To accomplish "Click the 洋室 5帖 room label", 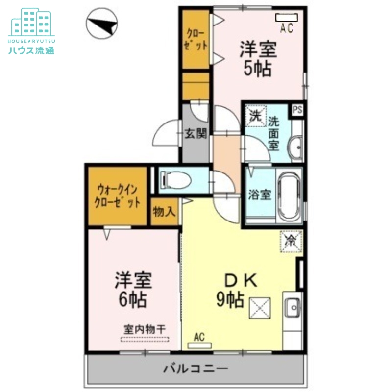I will click(258, 59).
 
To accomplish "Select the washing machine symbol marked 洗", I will click(255, 117).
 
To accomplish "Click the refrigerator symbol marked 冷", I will click(291, 240).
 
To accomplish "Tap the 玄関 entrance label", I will click(195, 134).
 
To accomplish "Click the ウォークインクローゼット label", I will click(118, 196).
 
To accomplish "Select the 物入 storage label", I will click(164, 212).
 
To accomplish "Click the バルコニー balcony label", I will click(196, 367).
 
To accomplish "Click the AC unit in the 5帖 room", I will click(286, 18).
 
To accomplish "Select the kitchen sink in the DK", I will click(293, 308).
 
